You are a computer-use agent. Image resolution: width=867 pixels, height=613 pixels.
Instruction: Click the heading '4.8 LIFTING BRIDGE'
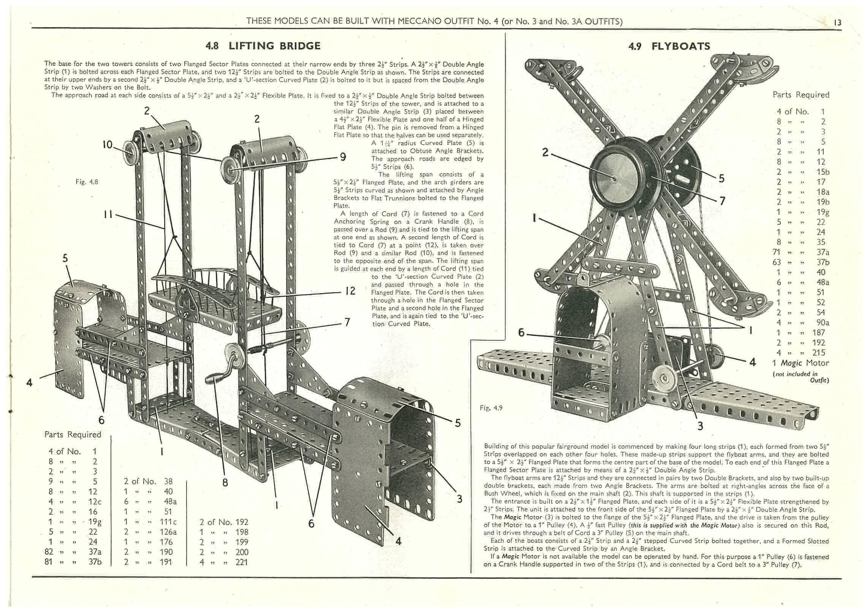click(263, 46)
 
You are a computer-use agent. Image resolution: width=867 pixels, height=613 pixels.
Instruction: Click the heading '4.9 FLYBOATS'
click(669, 46)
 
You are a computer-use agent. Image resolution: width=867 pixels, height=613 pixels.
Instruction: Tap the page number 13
click(837, 23)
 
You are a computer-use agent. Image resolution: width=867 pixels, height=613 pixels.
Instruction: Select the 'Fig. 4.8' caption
click(87, 182)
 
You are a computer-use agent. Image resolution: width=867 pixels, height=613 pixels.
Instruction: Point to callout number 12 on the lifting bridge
click(350, 291)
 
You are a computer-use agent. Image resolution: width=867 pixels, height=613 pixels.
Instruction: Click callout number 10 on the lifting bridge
click(108, 145)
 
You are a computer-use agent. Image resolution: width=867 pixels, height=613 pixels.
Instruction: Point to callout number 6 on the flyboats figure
click(521, 333)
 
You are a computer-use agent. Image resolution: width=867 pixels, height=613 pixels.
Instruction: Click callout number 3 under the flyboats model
click(700, 426)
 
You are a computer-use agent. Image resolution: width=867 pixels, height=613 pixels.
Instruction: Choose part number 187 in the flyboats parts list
click(821, 332)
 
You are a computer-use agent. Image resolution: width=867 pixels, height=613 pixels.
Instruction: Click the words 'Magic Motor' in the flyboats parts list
click(801, 363)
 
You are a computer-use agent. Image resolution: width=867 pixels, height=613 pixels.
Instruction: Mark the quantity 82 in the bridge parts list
click(49, 552)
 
